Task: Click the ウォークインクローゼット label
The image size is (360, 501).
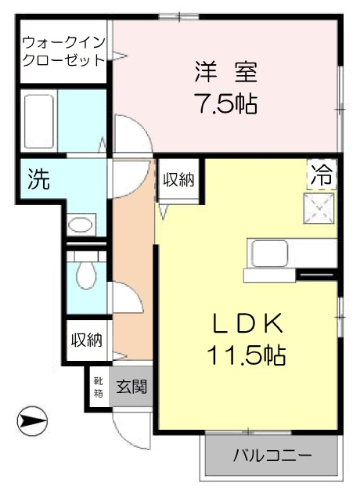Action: pos(64,51)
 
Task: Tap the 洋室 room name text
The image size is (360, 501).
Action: pos(226,73)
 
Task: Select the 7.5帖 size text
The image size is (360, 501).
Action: pos(228,104)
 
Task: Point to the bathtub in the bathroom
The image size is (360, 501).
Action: pos(38,121)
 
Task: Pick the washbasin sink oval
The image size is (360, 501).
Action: pos(81,225)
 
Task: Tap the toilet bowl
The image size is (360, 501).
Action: pos(86,275)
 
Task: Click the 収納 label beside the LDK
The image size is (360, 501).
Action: pos(178,180)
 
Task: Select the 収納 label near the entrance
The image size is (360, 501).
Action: pos(87,340)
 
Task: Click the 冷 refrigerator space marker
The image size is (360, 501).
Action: pos(322,175)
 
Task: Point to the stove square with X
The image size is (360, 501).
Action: pos(319,208)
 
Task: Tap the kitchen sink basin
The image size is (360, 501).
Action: pos(269,254)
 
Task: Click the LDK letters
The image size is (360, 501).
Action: pos(247,323)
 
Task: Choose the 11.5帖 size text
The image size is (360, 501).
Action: pos(247,355)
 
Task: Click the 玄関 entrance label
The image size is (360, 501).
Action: pos(131,387)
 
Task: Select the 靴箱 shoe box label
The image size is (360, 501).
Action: pos(99,387)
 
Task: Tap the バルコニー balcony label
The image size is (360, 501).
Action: pos(272,455)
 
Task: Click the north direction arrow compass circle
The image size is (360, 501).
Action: pos(32,420)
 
